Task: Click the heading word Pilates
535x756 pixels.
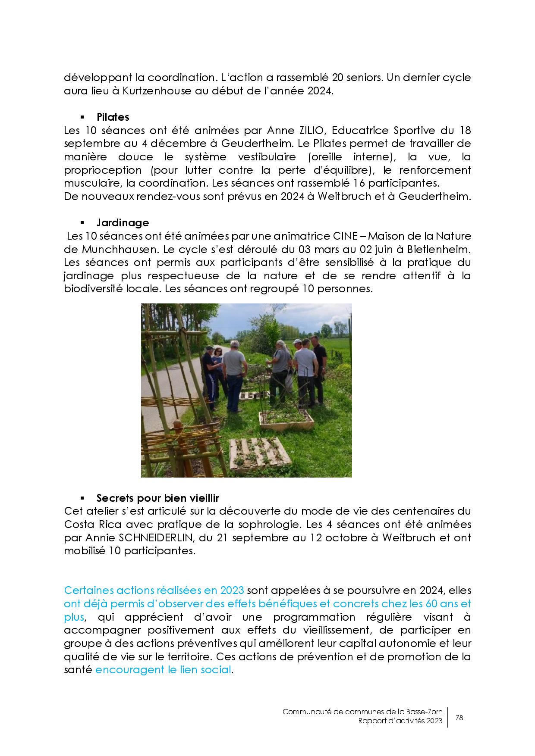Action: [113, 117]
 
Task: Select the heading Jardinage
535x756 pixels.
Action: [123, 223]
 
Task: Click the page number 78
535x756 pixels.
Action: [459, 718]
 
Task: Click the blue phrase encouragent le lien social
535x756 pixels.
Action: [163, 670]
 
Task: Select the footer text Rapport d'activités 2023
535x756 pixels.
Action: [400, 722]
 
